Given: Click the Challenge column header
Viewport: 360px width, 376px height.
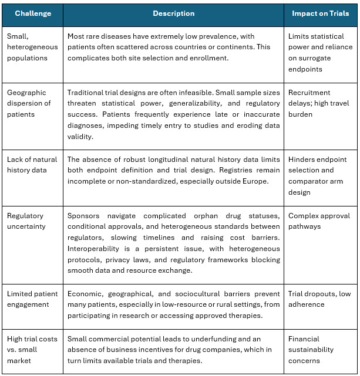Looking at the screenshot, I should [33, 13].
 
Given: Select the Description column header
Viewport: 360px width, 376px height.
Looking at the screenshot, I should [173, 13].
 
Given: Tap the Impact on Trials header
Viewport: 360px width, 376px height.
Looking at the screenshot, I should [321, 13].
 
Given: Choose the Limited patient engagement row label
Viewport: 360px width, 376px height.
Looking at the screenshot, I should [33, 299].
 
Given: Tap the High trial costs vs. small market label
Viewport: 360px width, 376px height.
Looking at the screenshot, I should [33, 350].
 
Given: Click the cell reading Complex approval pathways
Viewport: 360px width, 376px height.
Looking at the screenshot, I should [318, 222].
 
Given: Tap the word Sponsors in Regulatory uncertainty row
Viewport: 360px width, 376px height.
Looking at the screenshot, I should [84, 216].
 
